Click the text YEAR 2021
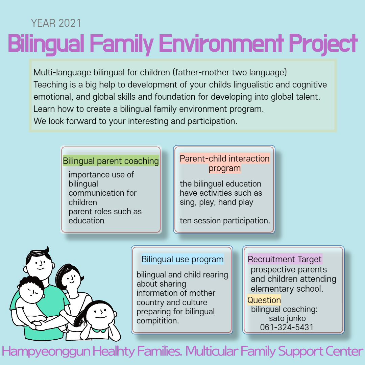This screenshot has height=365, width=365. [x=56, y=23]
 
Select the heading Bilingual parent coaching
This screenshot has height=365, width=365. [x=111, y=161]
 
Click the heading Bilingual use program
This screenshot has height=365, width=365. [x=182, y=259]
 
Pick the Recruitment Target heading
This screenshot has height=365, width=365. [x=285, y=259]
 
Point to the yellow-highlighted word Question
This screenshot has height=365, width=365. [x=264, y=300]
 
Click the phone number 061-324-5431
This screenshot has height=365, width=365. [x=287, y=327]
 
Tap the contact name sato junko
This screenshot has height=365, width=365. [x=287, y=318]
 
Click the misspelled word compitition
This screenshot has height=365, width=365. [x=157, y=321]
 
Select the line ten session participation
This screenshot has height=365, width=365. [x=225, y=221]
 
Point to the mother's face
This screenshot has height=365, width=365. [x=71, y=278]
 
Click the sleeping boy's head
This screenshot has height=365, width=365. [x=31, y=290]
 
